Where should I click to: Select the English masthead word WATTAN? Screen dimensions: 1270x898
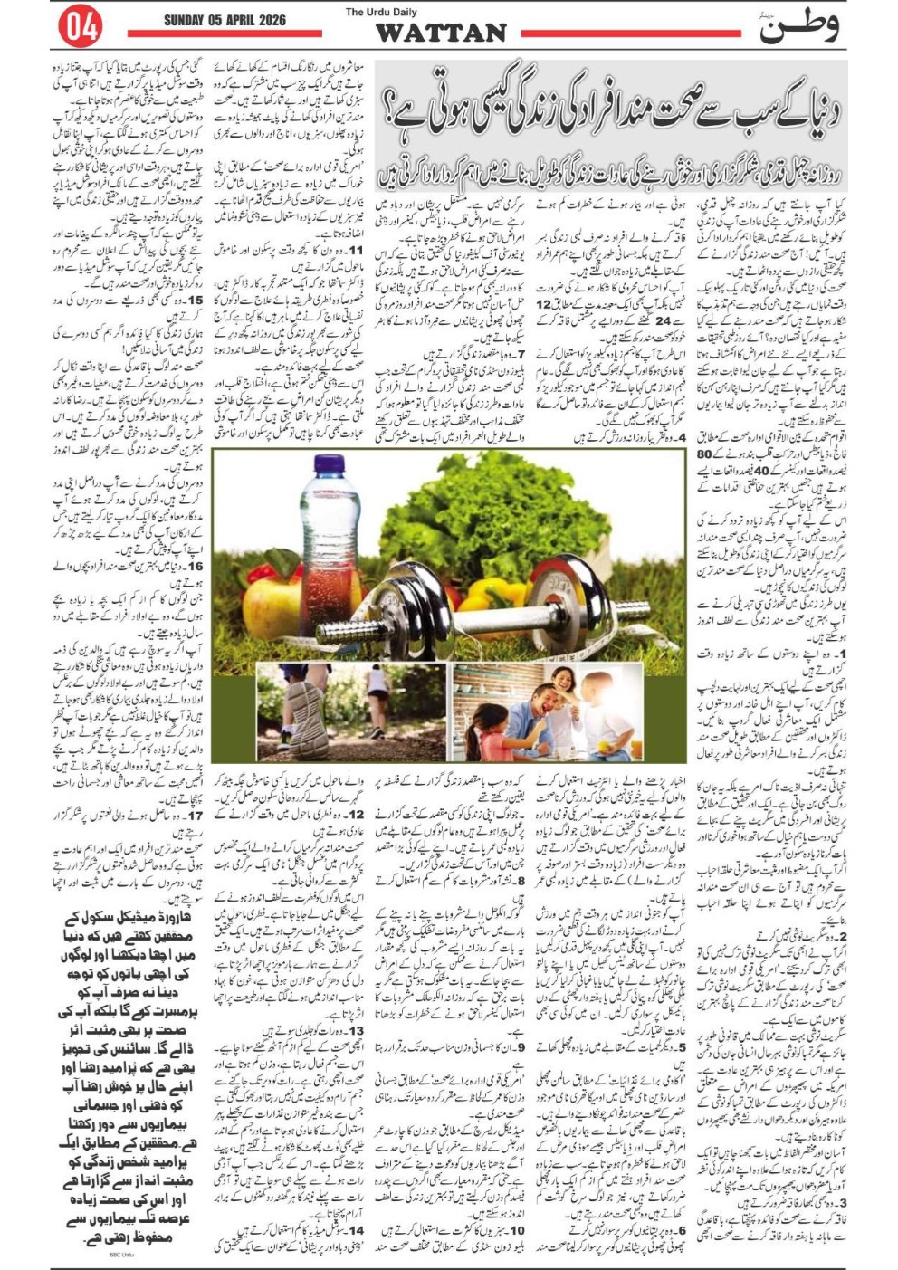click(441, 33)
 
